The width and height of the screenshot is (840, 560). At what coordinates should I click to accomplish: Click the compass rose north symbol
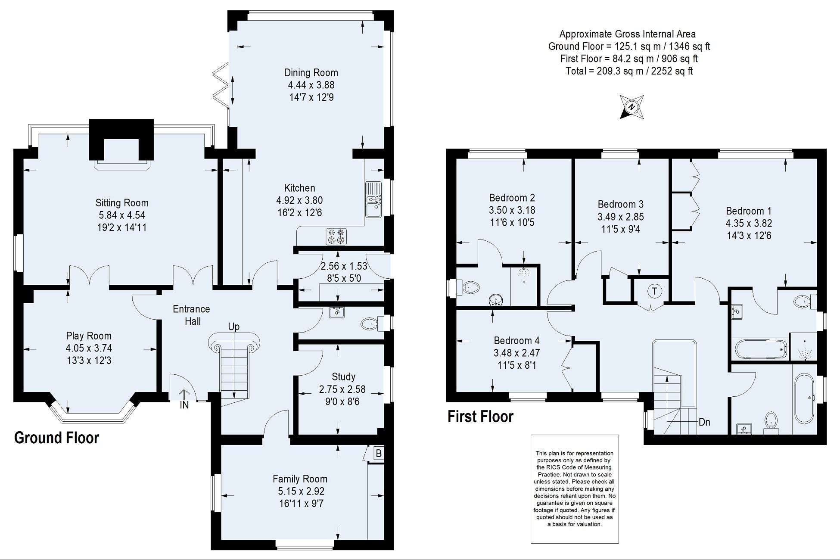(632, 107)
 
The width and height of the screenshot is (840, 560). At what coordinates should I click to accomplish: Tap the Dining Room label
(311, 73)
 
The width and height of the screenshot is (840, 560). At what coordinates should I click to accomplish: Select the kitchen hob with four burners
(336, 236)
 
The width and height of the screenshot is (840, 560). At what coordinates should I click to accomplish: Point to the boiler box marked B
(378, 454)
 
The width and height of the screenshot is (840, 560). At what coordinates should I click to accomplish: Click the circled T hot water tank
(654, 291)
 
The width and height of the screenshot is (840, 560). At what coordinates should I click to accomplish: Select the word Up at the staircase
(234, 327)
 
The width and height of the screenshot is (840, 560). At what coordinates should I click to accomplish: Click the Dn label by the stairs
(704, 422)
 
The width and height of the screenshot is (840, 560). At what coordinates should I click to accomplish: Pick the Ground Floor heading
(57, 438)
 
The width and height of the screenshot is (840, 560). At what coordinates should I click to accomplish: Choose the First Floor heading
(481, 417)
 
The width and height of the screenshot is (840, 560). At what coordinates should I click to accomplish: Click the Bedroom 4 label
(516, 341)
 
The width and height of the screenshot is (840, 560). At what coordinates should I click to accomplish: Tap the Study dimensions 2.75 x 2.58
(342, 389)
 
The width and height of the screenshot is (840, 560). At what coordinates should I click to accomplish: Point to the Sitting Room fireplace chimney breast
(121, 139)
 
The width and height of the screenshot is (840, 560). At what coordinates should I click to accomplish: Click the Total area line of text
(629, 71)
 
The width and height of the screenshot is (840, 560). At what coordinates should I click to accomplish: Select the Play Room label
(89, 336)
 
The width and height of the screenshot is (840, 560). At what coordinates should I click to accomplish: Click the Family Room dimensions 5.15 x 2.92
(301, 491)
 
